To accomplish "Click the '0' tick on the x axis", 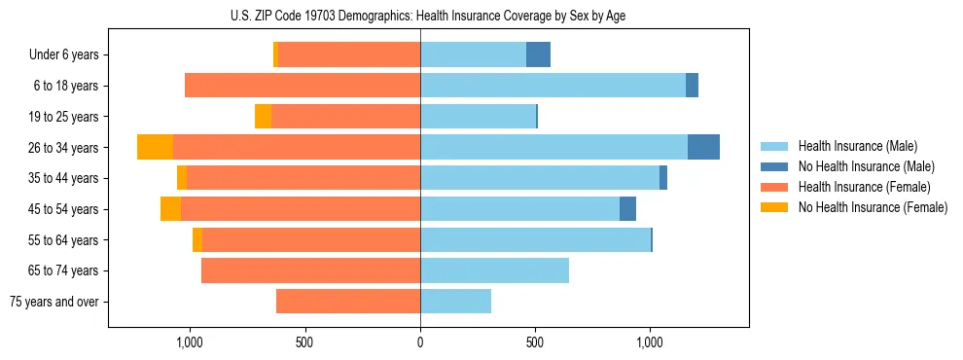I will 420,342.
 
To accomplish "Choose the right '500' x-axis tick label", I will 535,342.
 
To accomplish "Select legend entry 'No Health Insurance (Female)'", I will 873,207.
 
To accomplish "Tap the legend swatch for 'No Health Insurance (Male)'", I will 775,166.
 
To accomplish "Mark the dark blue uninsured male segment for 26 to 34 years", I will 703,147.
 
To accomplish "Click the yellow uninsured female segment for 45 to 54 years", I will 170,209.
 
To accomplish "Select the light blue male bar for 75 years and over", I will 455,302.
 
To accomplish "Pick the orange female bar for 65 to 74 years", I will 310,270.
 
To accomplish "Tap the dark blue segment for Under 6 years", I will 538,54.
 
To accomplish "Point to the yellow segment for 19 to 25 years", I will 263,117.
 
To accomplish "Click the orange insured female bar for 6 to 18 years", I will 303,86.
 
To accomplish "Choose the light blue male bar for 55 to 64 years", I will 535,239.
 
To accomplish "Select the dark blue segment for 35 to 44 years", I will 663,178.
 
